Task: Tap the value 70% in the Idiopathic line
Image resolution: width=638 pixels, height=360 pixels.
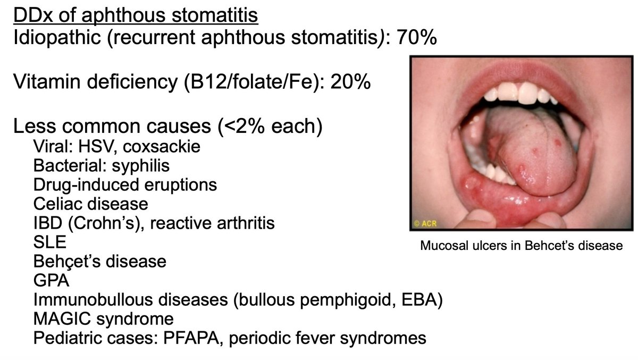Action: tap(417, 38)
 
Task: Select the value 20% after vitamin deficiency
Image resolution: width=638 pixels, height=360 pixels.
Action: tap(350, 82)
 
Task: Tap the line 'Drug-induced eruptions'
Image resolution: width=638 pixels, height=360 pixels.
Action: tap(125, 185)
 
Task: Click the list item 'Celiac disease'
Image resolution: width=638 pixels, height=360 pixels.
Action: tap(90, 204)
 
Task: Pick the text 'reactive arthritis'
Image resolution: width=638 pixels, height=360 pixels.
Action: tap(212, 223)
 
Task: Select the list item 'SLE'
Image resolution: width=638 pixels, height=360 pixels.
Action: tap(50, 242)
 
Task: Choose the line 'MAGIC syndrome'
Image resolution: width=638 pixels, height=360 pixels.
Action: tap(103, 319)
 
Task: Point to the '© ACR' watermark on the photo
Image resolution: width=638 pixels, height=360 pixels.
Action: tap(425, 224)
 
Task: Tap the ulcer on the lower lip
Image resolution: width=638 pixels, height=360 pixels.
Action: tap(472, 184)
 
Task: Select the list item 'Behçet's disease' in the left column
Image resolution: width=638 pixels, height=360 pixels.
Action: tap(99, 261)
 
